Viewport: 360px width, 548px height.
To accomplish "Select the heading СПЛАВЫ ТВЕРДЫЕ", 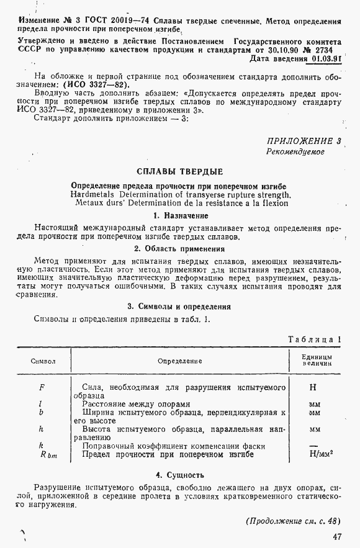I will (179, 171).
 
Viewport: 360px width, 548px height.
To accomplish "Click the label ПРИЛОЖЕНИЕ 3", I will (304, 141).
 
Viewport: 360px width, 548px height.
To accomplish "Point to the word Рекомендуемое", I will (295, 151).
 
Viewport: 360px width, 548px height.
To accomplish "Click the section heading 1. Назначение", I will (180, 215).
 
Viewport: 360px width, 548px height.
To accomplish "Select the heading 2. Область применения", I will (179, 248).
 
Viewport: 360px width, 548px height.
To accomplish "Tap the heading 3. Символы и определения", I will (179, 307).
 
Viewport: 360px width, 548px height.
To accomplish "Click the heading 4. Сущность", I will (179, 475).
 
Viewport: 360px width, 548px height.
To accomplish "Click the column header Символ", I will (43, 361).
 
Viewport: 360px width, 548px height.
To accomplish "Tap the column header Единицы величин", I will (317, 361).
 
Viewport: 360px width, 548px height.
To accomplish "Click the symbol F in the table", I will (41, 387).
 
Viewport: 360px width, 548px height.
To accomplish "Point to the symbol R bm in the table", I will (48, 456).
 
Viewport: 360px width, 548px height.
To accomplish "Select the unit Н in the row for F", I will (313, 387).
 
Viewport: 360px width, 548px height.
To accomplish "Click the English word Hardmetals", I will (94, 194).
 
